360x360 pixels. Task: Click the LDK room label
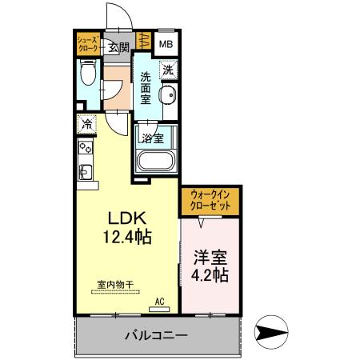[x=119, y=219]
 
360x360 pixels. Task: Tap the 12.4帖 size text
[x=123, y=237]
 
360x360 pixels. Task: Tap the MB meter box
[x=166, y=45]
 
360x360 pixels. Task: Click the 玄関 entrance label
[x=119, y=46]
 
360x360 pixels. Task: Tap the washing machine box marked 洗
[x=167, y=70]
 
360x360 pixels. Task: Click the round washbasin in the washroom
[x=167, y=98]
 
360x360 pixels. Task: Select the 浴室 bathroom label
[x=152, y=138]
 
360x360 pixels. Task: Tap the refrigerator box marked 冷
[x=86, y=125]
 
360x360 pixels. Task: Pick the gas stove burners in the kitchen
[x=84, y=148]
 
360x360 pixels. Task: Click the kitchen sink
[x=84, y=171]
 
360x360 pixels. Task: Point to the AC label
[x=159, y=302]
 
